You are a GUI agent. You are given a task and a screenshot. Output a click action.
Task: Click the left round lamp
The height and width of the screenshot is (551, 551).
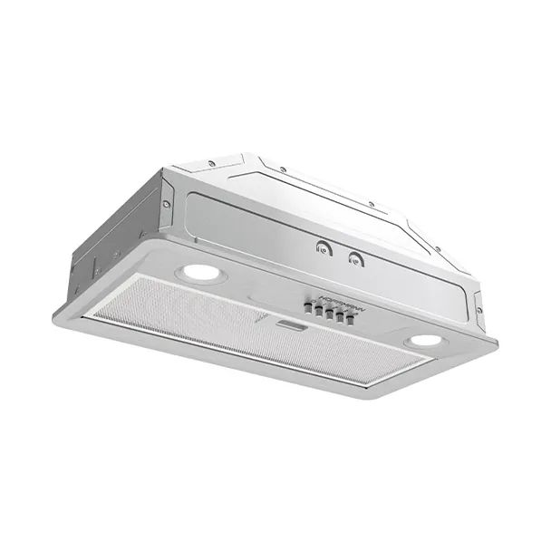[x=200, y=272]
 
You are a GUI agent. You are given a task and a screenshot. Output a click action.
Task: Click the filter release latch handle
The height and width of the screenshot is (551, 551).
[x=292, y=324]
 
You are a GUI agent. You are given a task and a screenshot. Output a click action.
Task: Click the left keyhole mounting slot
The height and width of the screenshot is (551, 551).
[x=322, y=245]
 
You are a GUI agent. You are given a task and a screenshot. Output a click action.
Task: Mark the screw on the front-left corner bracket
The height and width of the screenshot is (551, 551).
[x=167, y=205]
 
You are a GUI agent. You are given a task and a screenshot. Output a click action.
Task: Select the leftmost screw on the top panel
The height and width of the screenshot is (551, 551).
[x=210, y=163]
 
